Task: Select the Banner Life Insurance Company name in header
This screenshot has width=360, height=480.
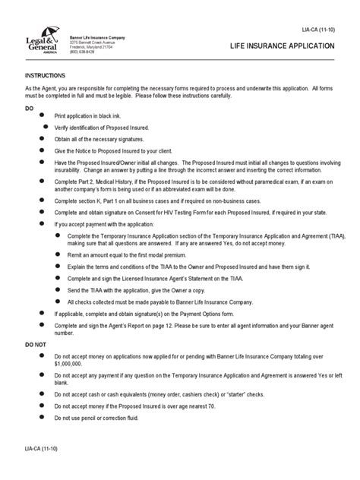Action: (x=99, y=37)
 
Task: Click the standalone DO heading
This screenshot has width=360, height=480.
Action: (x=30, y=109)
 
